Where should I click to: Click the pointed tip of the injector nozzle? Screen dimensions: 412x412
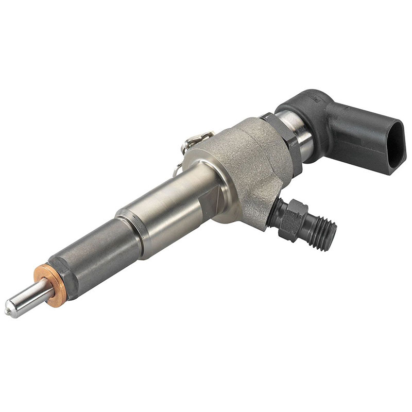click(8, 310)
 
